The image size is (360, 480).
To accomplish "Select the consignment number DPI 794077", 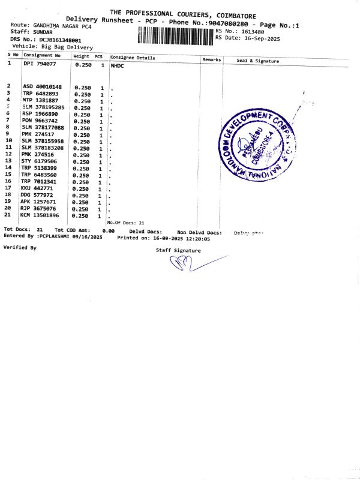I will pos(40,64).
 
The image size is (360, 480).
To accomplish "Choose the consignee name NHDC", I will pos(118,64).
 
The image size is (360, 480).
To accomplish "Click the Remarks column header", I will pos(212,59).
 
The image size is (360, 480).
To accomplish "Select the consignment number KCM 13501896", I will pos(40,215).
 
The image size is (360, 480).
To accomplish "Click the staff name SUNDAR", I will pos(43,32).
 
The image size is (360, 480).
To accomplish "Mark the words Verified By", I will pos(20,247).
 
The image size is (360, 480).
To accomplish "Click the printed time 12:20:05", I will pos(197,238).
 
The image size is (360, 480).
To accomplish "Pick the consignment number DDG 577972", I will pos(37,195).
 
